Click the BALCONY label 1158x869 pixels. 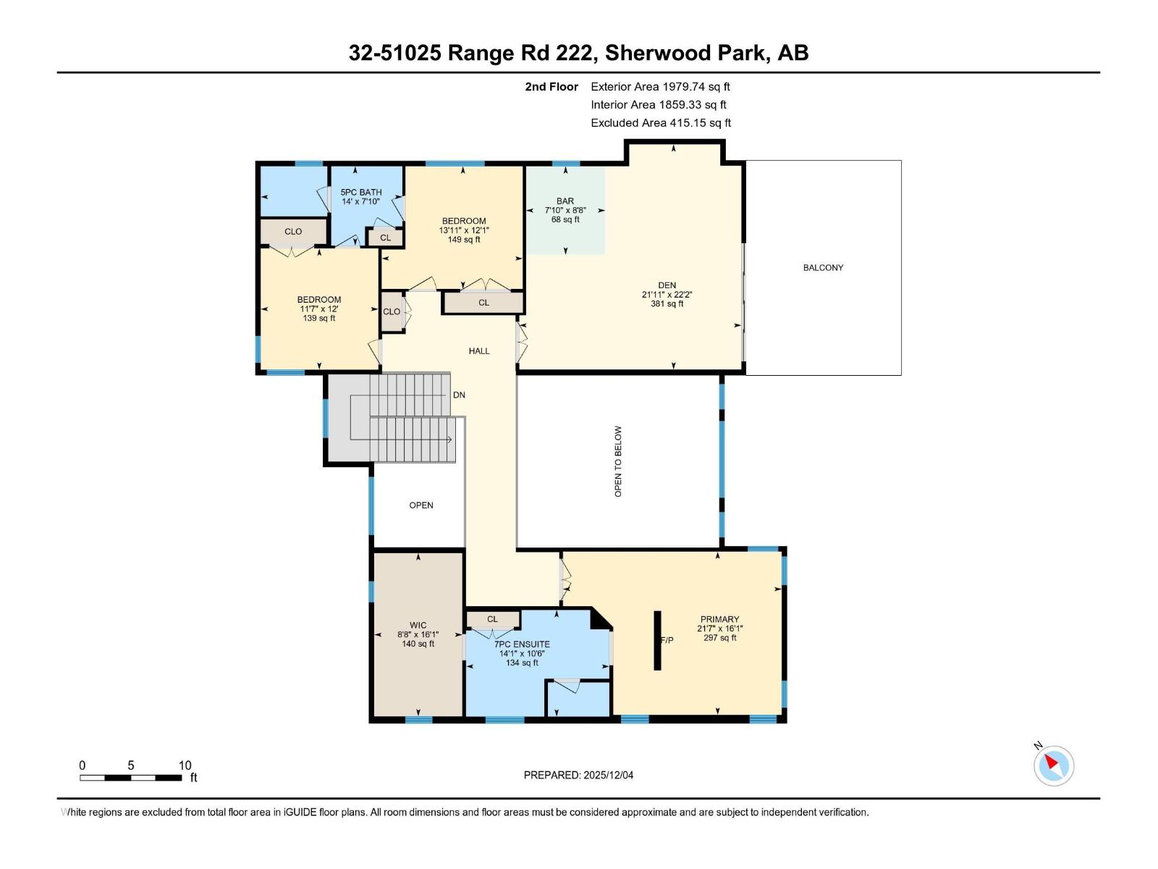point(823,268)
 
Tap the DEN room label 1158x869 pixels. point(667,285)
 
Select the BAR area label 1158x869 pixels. point(565,201)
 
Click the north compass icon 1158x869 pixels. point(1053,765)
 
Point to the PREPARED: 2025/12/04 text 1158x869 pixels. point(578,775)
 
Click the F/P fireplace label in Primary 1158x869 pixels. point(667,640)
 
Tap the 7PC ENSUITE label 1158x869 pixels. point(522,644)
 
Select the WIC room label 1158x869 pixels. point(418,625)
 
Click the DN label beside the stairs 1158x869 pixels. point(459,395)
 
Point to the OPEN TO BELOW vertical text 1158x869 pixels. point(618,461)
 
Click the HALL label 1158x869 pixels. point(479,351)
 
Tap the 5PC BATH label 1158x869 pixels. point(361,193)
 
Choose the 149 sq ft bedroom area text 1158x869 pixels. point(464,240)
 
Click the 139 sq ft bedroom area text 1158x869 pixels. point(319,318)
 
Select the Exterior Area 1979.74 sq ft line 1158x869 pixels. point(660,87)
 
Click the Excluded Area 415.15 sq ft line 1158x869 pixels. point(661,123)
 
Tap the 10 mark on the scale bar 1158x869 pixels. point(185,765)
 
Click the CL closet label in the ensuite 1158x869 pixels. point(492,619)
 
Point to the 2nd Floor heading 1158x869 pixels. point(551,87)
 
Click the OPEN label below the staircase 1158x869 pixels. point(421,505)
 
